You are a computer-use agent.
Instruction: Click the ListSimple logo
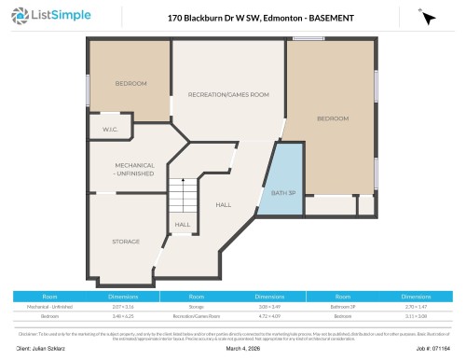48,16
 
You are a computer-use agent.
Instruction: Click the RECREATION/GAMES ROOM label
228,95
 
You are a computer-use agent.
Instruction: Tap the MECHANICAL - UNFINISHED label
128,170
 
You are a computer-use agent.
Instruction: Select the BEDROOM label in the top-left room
130,84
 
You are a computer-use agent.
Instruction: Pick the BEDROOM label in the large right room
332,118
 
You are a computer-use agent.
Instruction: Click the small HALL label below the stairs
182,224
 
